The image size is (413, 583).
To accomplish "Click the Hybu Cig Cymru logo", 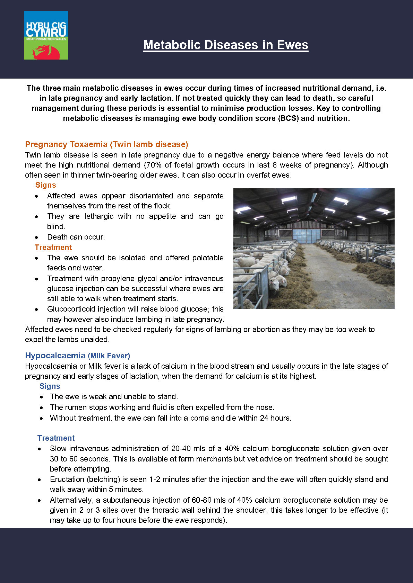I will coord(46,35).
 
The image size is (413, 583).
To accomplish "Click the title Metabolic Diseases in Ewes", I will coord(226,45).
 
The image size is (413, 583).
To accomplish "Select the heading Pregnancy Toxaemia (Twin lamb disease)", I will coord(106,144).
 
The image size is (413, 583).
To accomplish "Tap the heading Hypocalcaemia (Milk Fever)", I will coord(77,356).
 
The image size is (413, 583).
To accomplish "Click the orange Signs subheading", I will coord(45,185).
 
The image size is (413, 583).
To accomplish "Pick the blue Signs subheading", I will coord(50,386).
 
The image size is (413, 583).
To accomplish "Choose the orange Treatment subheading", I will coord(53,248).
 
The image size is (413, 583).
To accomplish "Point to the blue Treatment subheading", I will coord(56,438).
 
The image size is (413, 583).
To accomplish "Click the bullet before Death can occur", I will coord(37,237).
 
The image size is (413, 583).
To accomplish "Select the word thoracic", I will coord(171,510).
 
